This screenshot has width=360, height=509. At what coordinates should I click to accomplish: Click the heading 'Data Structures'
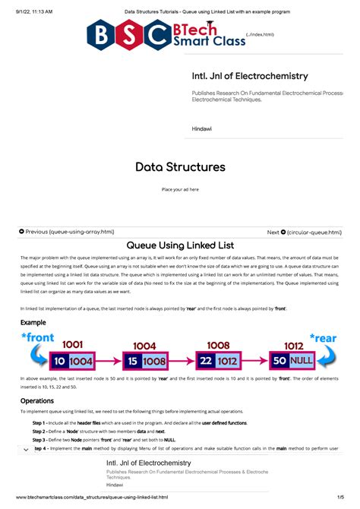(x=179, y=167)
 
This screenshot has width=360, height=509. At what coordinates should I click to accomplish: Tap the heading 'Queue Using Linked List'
(x=179, y=245)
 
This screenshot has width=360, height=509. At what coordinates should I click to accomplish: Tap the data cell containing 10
(x=60, y=361)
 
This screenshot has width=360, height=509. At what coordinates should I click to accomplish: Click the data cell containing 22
(x=205, y=361)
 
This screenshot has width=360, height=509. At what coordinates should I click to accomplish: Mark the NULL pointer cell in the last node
(x=302, y=361)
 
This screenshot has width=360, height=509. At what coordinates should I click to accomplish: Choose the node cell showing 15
(x=132, y=361)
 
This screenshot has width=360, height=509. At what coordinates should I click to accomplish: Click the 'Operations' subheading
(x=36, y=400)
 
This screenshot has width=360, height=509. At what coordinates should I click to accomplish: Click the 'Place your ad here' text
(x=179, y=189)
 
